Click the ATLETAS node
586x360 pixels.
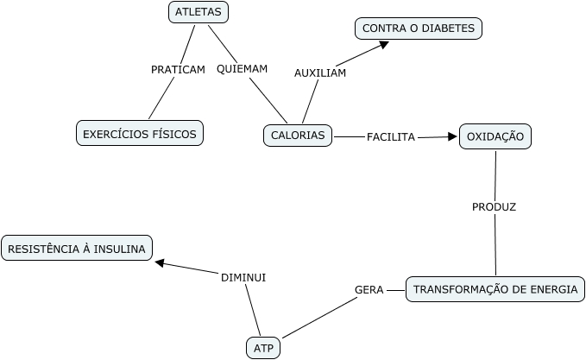coord(198,12)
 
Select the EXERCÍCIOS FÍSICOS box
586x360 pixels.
coord(139,134)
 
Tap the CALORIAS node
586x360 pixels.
coord(298,136)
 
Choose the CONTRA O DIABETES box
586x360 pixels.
coord(419,28)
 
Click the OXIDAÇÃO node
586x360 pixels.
coord(495,136)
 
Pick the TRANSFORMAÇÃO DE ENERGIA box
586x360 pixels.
coord(495,289)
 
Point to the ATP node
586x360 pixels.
coord(263,348)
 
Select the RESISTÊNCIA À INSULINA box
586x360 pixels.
coord(77,249)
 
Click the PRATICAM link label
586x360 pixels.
coord(178,70)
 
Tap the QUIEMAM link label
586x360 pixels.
coord(242,69)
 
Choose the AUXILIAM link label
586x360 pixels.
coord(320,73)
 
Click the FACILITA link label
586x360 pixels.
coord(391,136)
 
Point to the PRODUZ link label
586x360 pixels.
coord(495,207)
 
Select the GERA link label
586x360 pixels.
coord(369,289)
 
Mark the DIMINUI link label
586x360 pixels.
coord(243,277)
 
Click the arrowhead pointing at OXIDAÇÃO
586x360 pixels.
coord(452,136)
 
